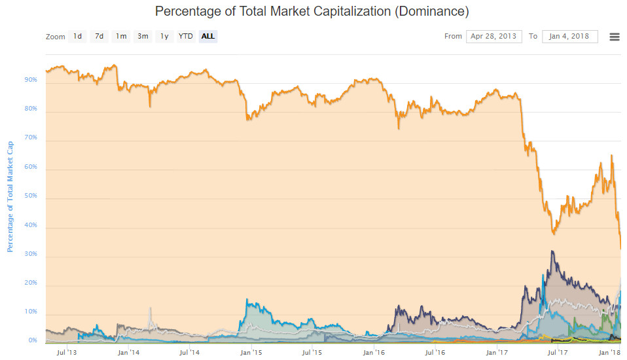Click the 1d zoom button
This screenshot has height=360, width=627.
[x=78, y=37]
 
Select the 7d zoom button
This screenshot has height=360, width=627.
[x=99, y=37]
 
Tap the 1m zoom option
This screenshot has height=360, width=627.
[x=121, y=37]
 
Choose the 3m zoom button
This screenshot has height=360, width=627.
[x=143, y=37]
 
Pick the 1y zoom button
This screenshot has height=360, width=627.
[x=164, y=37]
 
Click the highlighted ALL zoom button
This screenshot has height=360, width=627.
[x=208, y=37]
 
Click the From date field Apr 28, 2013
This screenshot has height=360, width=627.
[x=494, y=37]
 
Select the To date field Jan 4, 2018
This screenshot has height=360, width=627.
[x=570, y=37]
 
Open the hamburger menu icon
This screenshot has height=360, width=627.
[x=615, y=37]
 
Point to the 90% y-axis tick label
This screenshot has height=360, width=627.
[x=31, y=80]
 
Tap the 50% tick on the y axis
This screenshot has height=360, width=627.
[x=31, y=196]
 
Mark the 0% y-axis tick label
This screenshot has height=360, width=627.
[x=33, y=340]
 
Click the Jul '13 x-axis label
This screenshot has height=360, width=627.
[x=67, y=352]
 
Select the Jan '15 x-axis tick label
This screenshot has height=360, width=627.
[x=251, y=352]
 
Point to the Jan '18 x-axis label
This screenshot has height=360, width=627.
[x=609, y=352]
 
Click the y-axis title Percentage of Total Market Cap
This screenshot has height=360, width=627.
[x=10, y=197]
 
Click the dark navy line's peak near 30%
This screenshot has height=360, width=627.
[x=552, y=251]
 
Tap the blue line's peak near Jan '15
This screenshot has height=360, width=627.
[x=247, y=300]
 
